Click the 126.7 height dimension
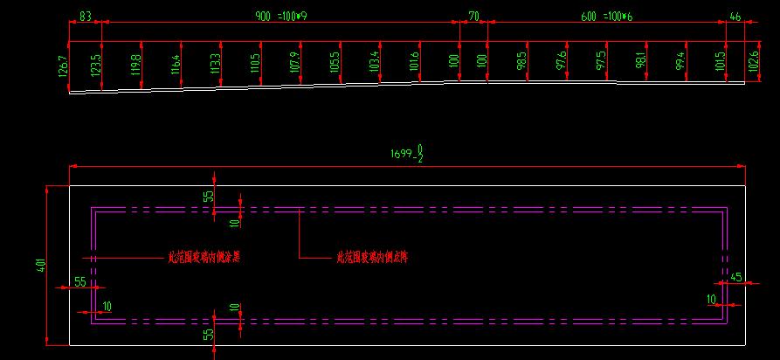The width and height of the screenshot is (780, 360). pos(63,67)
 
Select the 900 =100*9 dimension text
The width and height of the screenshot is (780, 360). pos(280,17)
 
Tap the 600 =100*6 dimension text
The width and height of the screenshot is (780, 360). pos(606,17)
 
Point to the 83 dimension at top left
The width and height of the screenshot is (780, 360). pos(86,17)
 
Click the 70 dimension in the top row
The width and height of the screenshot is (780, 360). pos(473,17)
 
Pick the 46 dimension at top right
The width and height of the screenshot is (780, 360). pos(735,17)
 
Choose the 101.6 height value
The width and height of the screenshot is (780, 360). pos(413,65)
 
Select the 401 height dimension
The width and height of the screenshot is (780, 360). pos(40,265)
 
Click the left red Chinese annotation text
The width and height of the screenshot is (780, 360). pos(203,259)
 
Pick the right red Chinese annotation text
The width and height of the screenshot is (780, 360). pos(372,258)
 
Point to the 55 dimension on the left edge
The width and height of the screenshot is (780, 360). pos(80,281)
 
